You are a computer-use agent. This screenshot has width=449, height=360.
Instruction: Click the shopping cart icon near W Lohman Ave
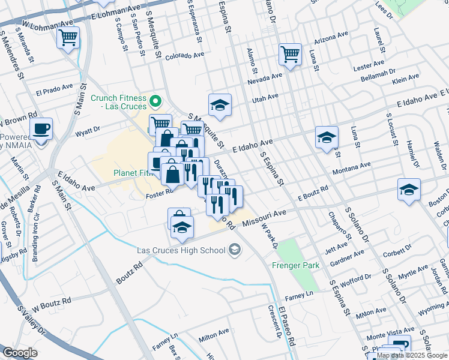(x=68, y=38)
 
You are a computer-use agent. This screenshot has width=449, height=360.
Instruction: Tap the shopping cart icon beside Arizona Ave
(x=290, y=55)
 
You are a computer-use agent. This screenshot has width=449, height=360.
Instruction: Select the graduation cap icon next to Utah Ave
(x=220, y=105)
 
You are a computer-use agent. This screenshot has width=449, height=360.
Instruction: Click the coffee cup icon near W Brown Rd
(x=41, y=128)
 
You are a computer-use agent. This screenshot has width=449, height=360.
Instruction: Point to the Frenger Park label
(x=293, y=265)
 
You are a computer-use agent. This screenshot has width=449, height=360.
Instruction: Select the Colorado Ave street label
(x=185, y=55)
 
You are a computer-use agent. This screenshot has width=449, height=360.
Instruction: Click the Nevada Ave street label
(x=264, y=77)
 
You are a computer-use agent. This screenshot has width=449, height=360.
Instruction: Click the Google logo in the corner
(x=20, y=353)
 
